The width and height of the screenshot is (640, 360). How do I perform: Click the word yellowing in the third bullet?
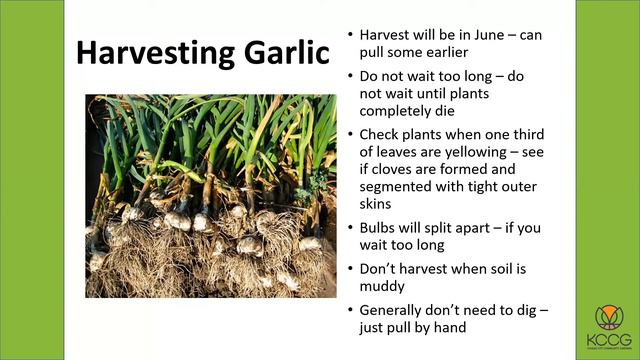[x=466, y=152]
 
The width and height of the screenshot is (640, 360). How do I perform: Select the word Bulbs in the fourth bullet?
[x=380, y=228]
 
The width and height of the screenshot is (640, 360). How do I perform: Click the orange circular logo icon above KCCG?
[x=608, y=318]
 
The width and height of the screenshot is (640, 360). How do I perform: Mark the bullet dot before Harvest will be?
[x=349, y=34]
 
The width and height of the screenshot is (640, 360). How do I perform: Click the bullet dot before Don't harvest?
[x=349, y=269]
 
